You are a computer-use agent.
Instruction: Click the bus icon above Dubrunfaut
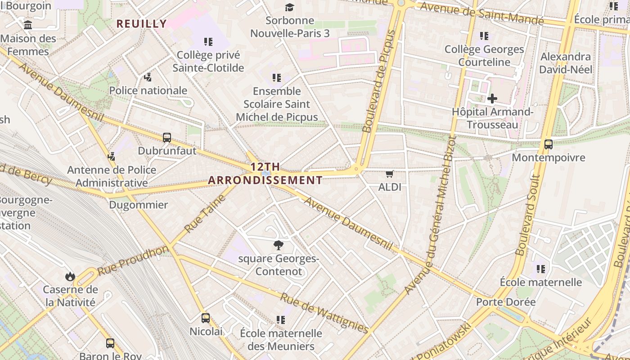coord(167,138)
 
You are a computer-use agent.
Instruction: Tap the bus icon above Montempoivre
coord(548,144)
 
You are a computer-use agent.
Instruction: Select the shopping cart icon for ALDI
coord(389,174)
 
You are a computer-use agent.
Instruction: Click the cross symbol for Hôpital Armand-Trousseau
coord(492,98)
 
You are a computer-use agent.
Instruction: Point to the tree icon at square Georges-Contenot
coord(279,245)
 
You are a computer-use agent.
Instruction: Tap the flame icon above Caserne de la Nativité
coord(70,276)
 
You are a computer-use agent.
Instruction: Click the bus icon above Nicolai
coord(206,318)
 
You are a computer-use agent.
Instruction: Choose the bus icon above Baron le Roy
coord(110,343)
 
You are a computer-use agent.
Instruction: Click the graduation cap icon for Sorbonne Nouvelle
coord(289,8)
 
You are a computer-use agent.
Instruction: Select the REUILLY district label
coord(142,24)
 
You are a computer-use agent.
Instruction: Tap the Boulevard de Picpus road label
coord(379,81)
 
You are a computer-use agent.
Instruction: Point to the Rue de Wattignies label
coord(324,313)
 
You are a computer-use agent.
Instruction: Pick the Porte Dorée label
coord(506,302)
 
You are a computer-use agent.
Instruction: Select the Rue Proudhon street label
coord(133,261)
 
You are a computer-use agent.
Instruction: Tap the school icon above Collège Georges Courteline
coord(484,36)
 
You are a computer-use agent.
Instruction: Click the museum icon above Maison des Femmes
coord(28,25)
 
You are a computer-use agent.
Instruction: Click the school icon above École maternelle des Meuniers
coord(281,320)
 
